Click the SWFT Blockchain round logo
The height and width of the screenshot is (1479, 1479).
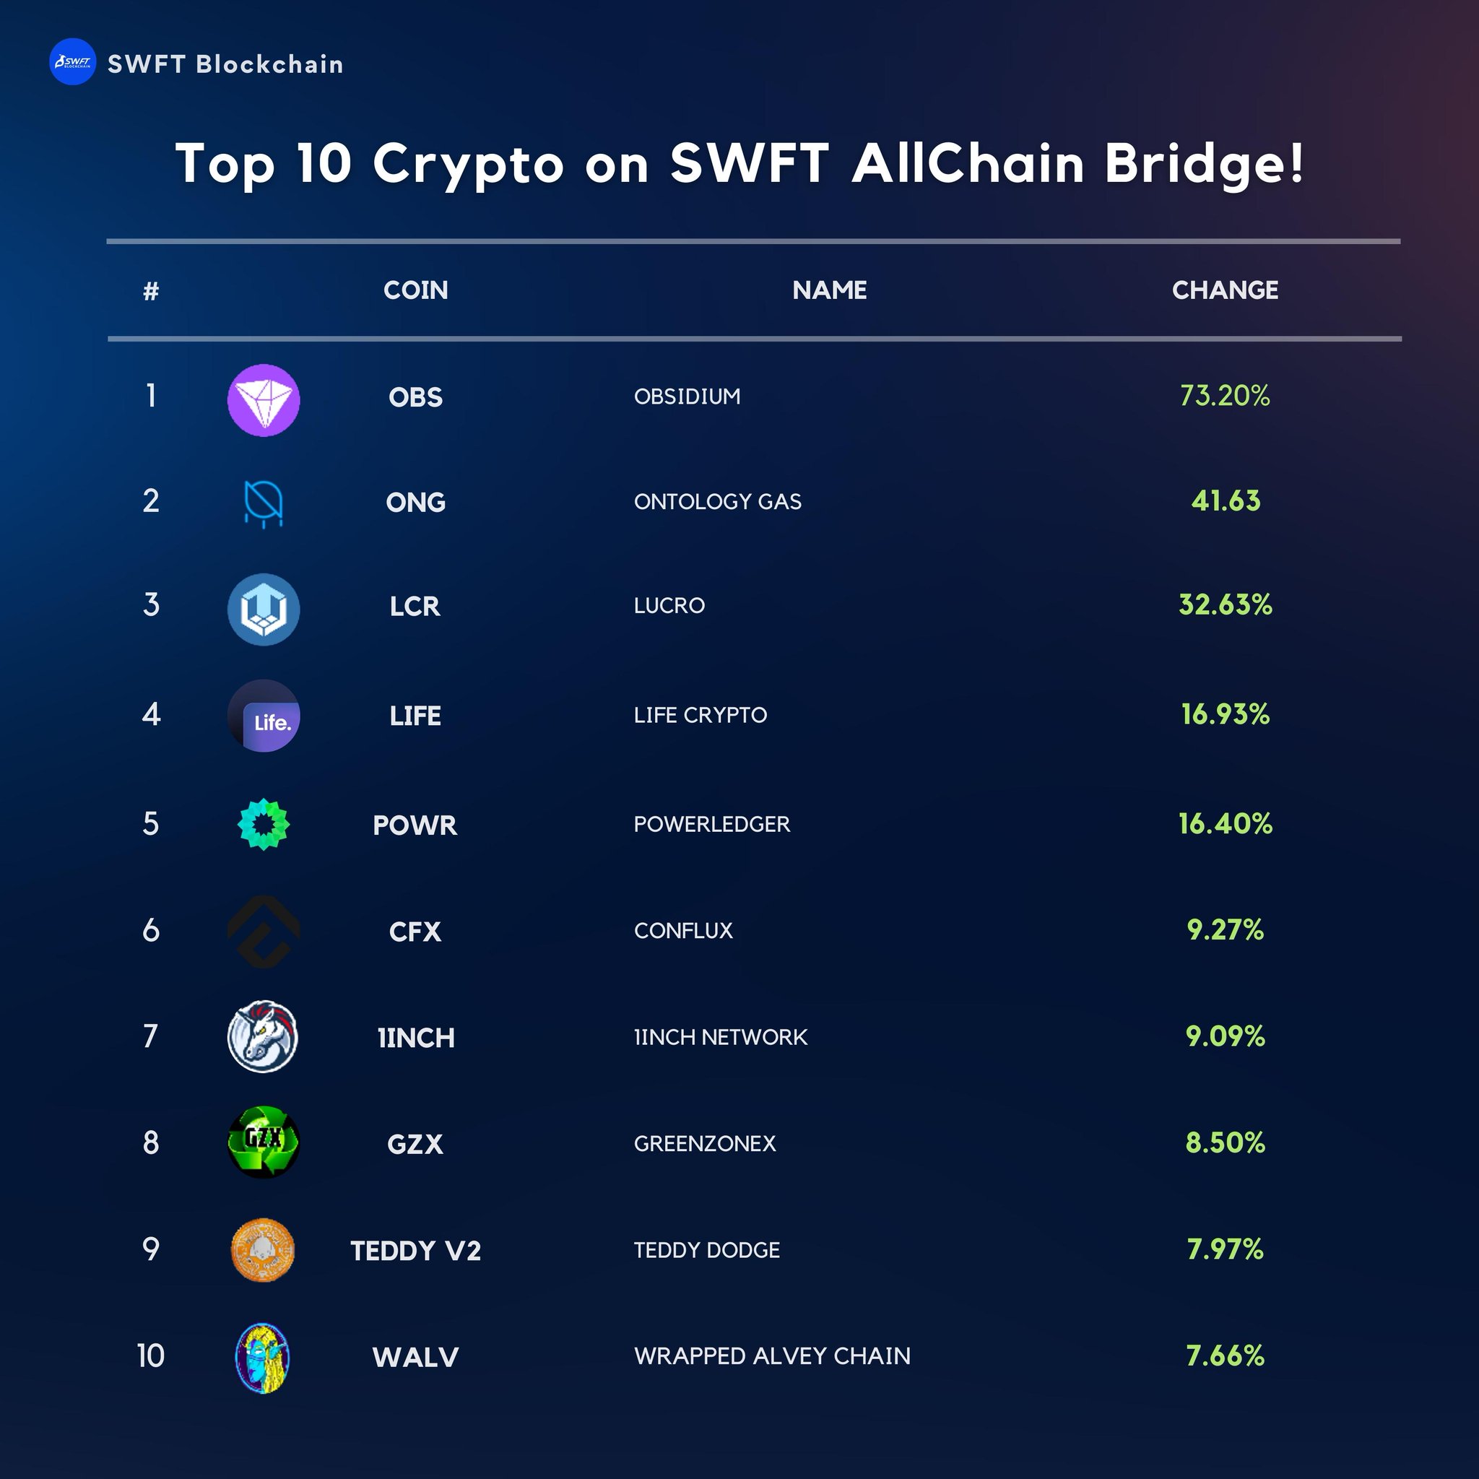tap(73, 62)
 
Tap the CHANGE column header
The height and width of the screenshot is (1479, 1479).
tap(1225, 290)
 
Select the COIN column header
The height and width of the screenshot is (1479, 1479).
tap(416, 290)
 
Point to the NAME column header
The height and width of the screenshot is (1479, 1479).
tap(829, 290)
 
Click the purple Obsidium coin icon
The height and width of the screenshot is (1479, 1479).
tap(264, 399)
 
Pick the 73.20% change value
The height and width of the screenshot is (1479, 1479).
tap(1225, 396)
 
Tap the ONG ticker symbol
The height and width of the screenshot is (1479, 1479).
tap(416, 502)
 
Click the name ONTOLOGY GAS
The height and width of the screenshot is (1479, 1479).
tap(717, 501)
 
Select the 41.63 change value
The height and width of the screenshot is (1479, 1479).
tap(1225, 500)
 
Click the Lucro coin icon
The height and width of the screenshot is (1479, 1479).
tap(264, 610)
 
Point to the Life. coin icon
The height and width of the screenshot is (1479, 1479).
tap(264, 716)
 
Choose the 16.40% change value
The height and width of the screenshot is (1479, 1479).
tap(1225, 824)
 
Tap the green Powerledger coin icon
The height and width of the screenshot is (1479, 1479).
tap(264, 825)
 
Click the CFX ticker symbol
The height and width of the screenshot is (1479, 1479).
tap(415, 932)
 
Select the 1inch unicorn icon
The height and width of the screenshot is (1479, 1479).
tap(263, 1036)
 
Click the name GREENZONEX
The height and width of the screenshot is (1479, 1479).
tap(704, 1144)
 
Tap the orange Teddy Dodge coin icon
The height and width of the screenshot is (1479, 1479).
tap(263, 1250)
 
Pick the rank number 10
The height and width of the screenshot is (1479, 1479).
tap(151, 1356)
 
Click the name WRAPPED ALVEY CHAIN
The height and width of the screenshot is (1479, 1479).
tap(772, 1356)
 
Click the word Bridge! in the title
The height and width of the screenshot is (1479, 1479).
tap(1204, 164)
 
